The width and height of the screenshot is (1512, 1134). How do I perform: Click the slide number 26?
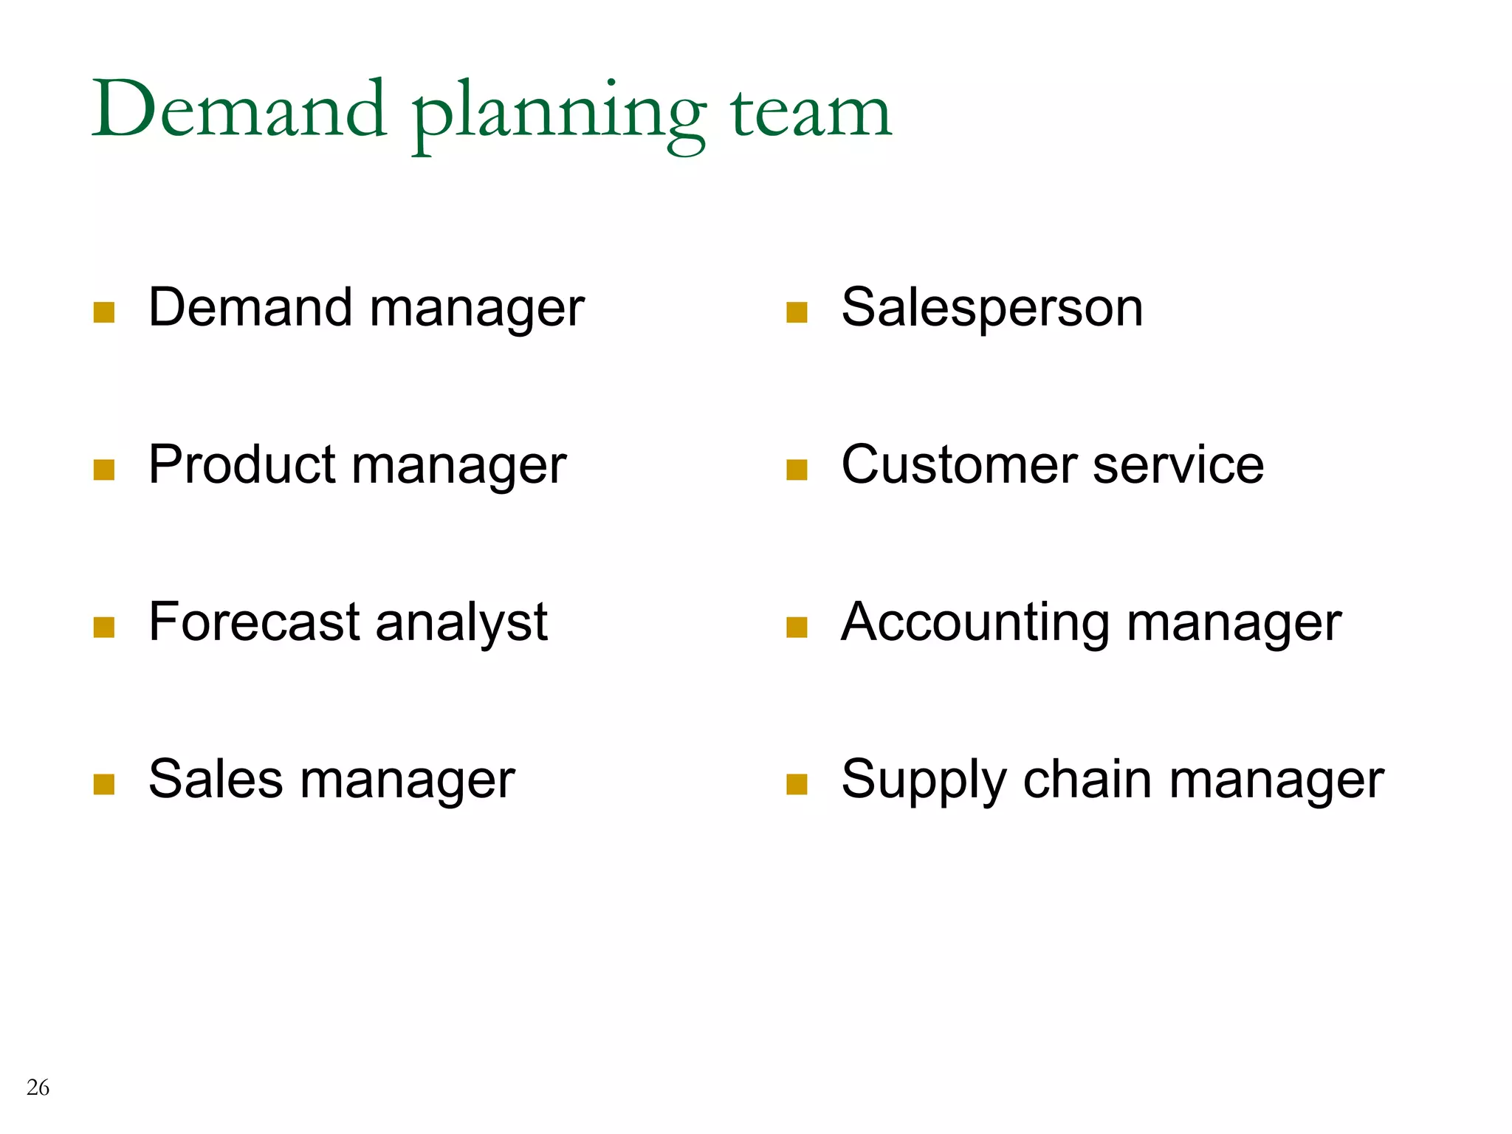(x=38, y=1087)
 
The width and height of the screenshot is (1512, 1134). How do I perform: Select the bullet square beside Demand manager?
(x=104, y=312)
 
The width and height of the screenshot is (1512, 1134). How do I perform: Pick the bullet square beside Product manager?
(x=104, y=470)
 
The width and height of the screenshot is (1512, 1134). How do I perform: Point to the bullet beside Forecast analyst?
(x=104, y=627)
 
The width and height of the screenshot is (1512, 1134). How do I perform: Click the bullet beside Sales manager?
(x=104, y=784)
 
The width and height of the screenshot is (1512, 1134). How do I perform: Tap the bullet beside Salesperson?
(x=797, y=312)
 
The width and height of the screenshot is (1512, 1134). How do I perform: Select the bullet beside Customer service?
(x=797, y=470)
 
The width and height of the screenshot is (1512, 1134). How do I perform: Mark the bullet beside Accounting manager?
(x=797, y=627)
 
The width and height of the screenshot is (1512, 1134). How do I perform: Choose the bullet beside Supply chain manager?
(x=797, y=784)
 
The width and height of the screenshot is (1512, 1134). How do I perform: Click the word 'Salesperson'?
(x=992, y=309)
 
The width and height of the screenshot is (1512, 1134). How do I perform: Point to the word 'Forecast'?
(x=253, y=622)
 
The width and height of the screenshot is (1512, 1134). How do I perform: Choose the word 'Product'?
(x=242, y=465)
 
